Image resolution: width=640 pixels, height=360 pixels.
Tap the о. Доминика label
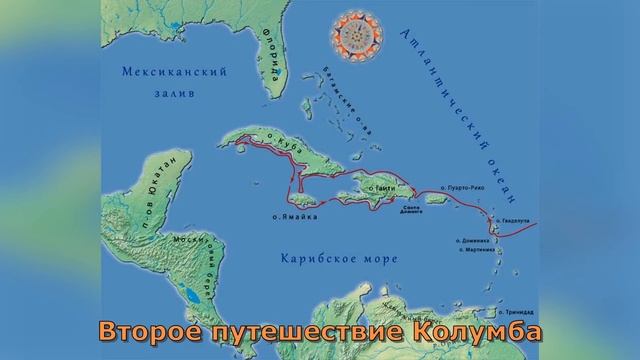477,240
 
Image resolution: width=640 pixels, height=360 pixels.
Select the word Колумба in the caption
479,329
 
